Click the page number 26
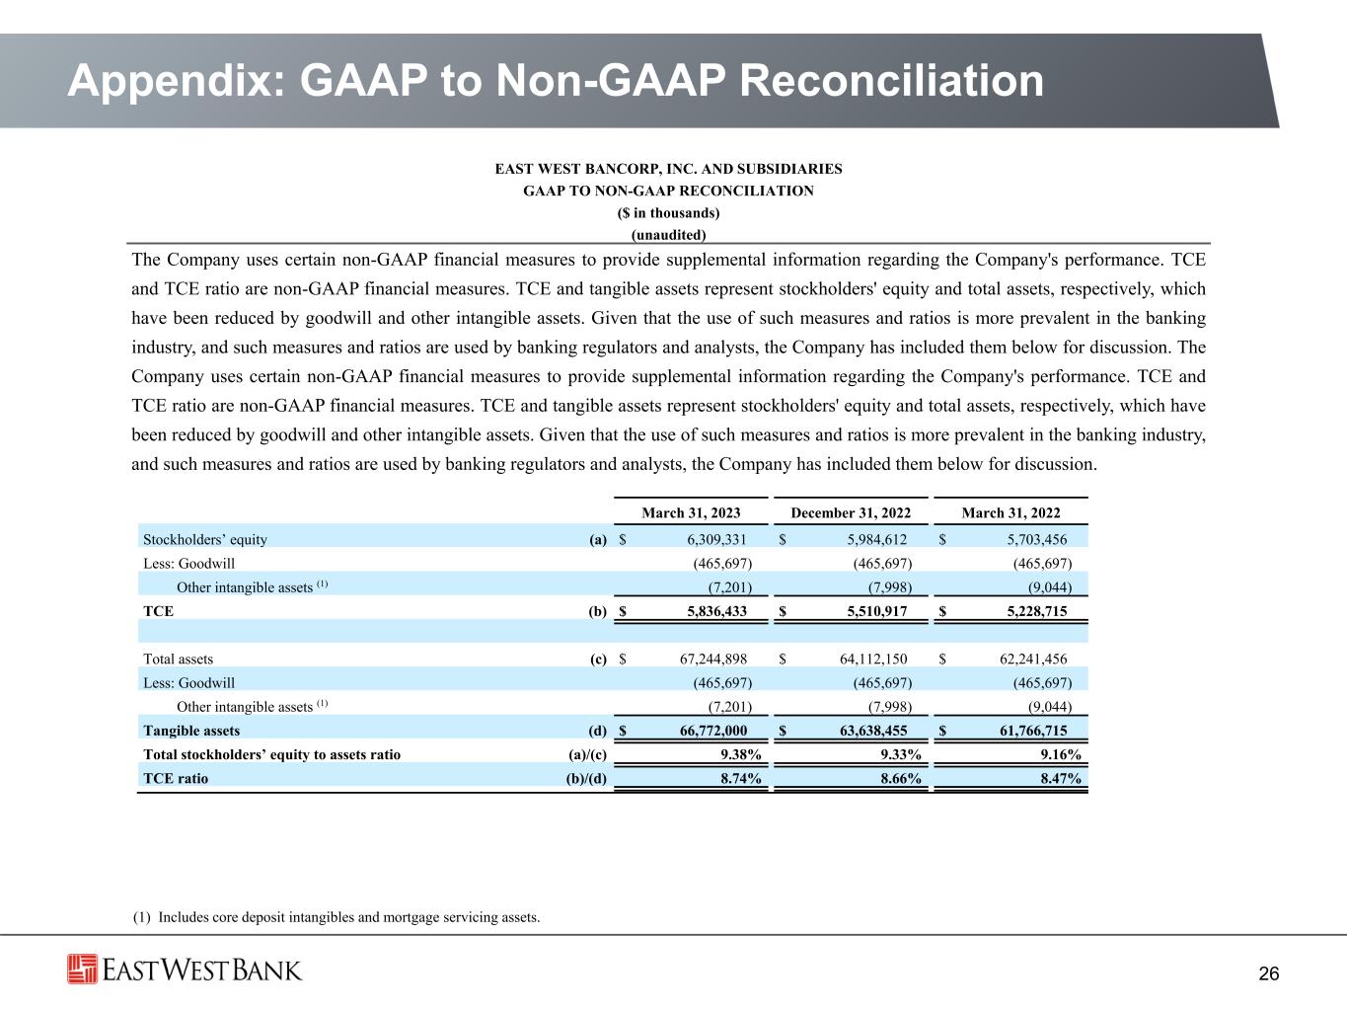tap(1269, 974)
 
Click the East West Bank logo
tap(185, 970)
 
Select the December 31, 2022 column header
tap(851, 513)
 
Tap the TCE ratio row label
tap(176, 778)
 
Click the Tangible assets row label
tap(191, 731)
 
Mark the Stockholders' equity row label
tap(205, 539)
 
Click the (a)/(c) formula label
tap(582, 754)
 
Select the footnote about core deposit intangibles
tap(336, 917)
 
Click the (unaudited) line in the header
tap(668, 235)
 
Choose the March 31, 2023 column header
tap(691, 513)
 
